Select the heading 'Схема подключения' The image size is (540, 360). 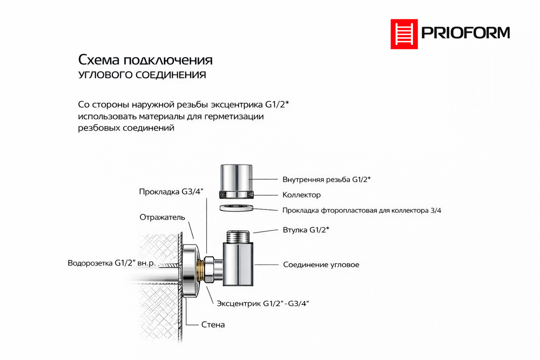click(x=145, y=59)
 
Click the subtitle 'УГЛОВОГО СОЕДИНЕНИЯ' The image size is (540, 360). click(x=142, y=75)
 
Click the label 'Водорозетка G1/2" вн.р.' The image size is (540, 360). click(x=112, y=263)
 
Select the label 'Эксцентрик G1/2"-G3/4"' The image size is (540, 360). click(x=262, y=304)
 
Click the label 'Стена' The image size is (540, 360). click(x=213, y=325)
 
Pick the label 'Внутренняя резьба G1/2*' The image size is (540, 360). click(x=327, y=179)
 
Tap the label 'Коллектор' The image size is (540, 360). click(x=302, y=195)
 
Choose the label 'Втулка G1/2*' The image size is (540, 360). click(x=306, y=230)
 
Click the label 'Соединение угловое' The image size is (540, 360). click(x=321, y=264)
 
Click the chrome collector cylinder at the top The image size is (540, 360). click(x=237, y=178)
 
